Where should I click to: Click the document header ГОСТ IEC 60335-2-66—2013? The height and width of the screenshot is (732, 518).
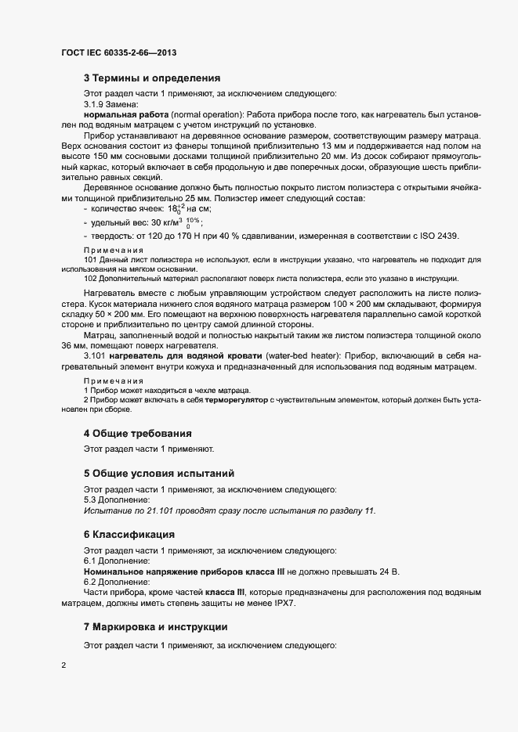[118, 52]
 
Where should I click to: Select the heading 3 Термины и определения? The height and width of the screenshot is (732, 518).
[152, 78]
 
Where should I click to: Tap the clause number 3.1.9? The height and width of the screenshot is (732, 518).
[95, 104]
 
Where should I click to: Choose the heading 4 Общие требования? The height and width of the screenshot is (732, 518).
[137, 433]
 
